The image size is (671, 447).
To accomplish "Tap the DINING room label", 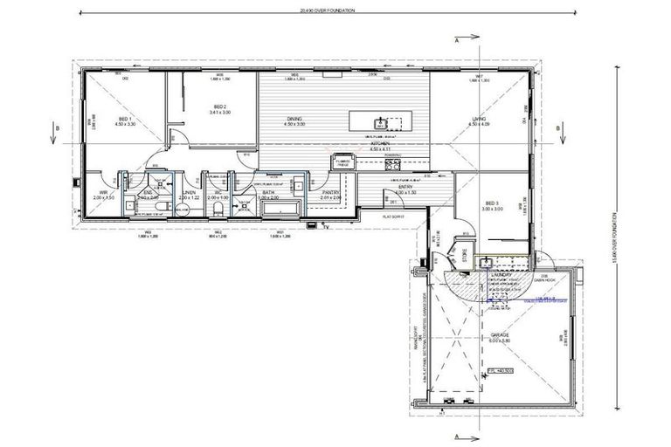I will tap(294, 119).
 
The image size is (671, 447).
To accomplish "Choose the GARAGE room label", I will tap(500, 334).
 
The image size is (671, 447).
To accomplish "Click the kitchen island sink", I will tap(382, 120).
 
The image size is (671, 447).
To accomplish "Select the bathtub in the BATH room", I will tap(278, 209).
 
